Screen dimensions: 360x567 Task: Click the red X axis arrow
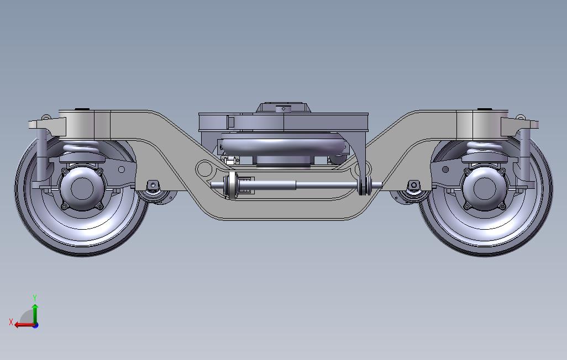coord(23,325)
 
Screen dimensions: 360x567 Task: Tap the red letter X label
coord(11,321)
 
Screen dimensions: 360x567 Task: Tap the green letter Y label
coord(35,298)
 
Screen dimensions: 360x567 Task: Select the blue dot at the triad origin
coord(35,325)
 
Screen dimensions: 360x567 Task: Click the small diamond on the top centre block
coord(283,109)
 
